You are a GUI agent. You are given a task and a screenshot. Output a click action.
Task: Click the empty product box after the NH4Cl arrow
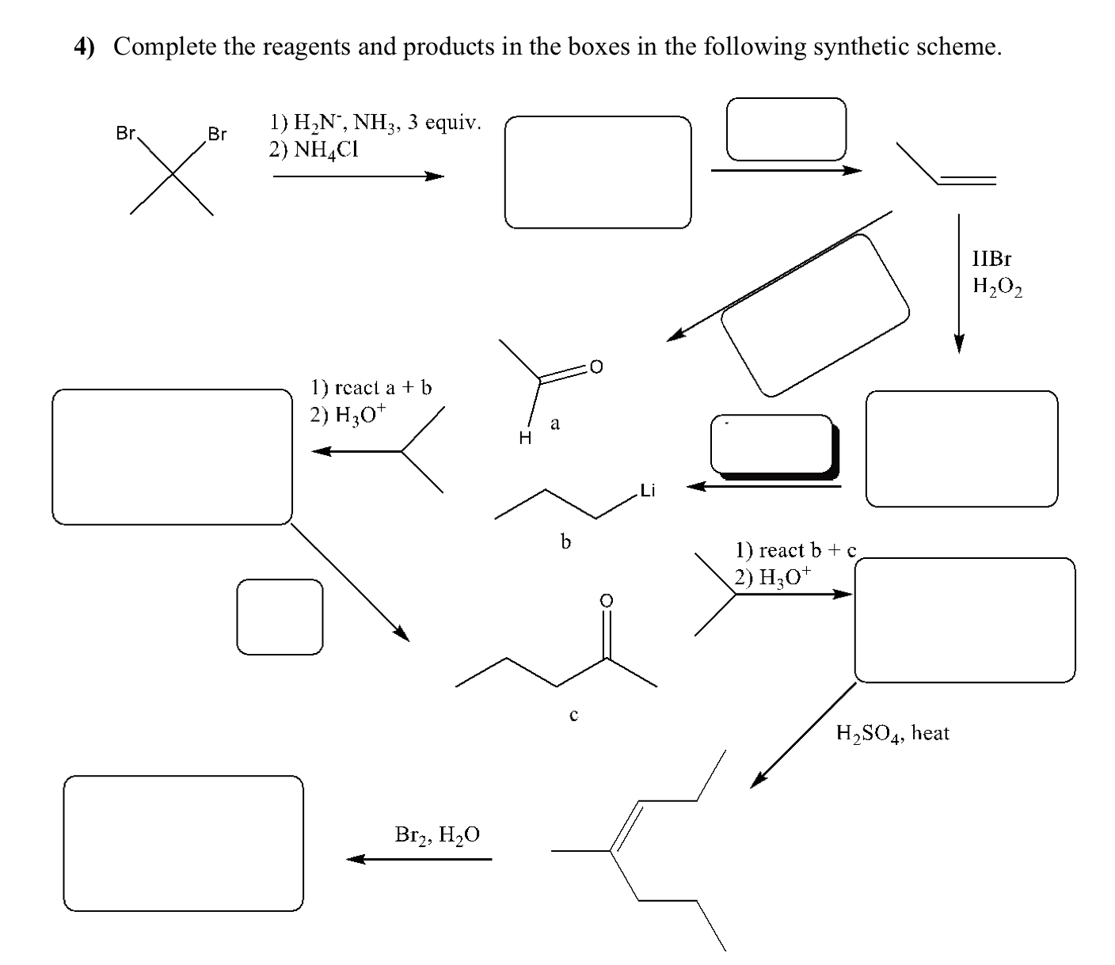(598, 173)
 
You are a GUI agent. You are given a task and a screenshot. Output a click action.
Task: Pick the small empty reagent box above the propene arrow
(786, 129)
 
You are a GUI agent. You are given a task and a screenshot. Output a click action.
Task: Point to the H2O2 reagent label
(997, 287)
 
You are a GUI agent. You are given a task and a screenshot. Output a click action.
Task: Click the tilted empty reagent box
(815, 315)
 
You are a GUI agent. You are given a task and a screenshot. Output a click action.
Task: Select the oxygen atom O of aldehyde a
(596, 367)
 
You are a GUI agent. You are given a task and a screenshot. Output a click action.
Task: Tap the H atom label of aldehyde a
(524, 436)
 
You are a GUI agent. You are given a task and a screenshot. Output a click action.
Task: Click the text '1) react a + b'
(371, 387)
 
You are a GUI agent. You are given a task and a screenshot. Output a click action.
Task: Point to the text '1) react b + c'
(795, 550)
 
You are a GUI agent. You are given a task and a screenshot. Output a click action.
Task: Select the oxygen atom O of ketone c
(606, 601)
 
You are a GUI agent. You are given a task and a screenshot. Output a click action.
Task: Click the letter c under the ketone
(573, 715)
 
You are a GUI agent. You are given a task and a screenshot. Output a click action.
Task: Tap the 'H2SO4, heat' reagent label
(892, 733)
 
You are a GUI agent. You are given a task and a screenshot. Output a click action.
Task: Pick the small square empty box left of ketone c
(280, 617)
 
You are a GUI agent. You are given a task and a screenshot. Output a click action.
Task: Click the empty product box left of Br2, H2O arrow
(183, 843)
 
